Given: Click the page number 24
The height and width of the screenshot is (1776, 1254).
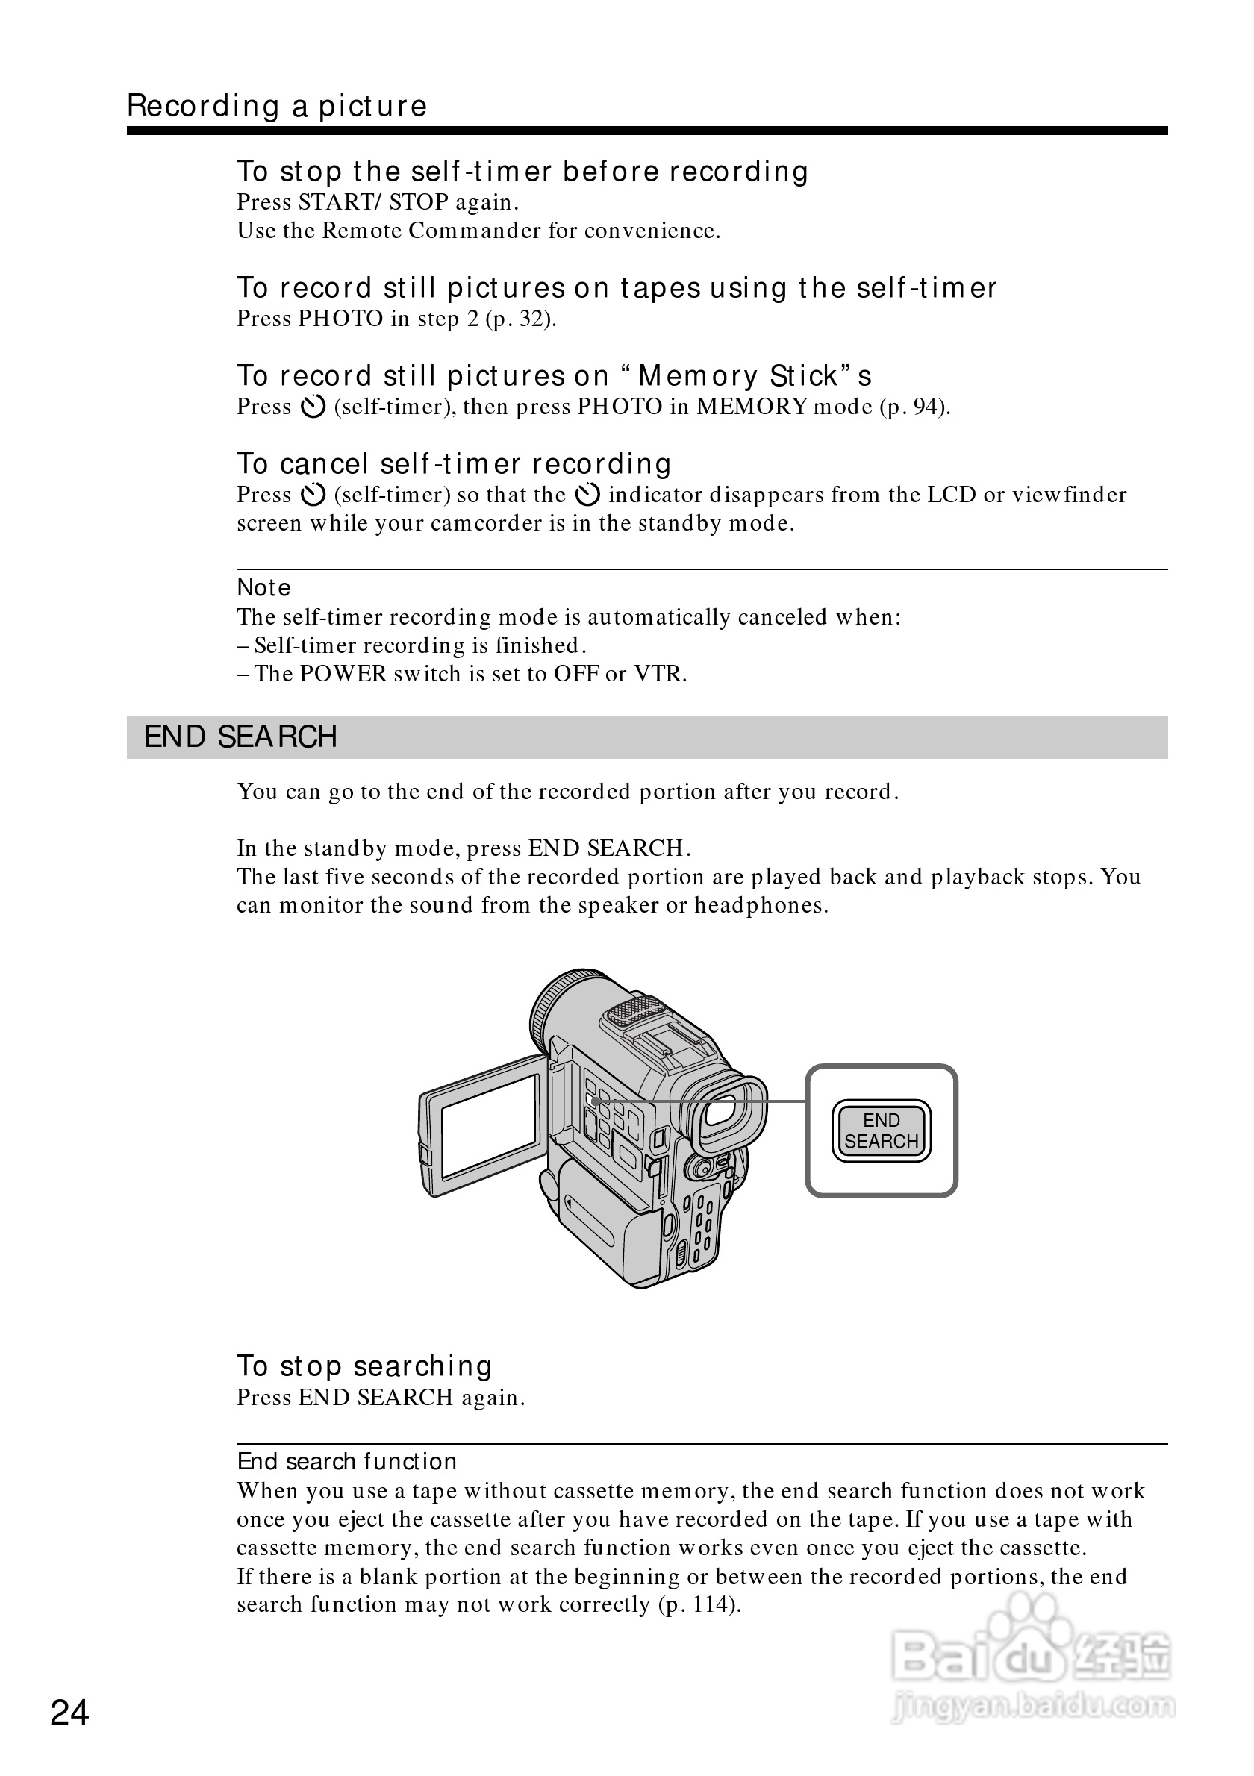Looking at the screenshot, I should pyautogui.click(x=69, y=1713).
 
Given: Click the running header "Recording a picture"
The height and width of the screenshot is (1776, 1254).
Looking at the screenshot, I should pyautogui.click(x=277, y=106).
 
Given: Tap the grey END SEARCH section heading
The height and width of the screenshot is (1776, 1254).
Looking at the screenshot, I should pyautogui.click(x=240, y=737).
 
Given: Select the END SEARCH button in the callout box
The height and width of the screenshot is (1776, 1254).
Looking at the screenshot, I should pyautogui.click(x=881, y=1131).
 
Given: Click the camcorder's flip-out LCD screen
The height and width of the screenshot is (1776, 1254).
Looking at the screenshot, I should pyautogui.click(x=490, y=1125).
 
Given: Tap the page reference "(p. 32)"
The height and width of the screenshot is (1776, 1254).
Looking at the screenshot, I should pyautogui.click(x=520, y=319).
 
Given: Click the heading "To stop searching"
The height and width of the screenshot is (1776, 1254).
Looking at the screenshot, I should pyautogui.click(x=364, y=1366).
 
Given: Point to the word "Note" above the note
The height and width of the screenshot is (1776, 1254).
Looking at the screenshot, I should pyautogui.click(x=263, y=588).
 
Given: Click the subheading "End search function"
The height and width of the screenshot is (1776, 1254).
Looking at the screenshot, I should pyautogui.click(x=346, y=1461).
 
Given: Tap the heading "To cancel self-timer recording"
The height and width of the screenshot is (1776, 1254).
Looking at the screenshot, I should pyautogui.click(x=454, y=464).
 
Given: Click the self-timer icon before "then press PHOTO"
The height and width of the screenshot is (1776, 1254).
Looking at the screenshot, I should pyautogui.click(x=313, y=407).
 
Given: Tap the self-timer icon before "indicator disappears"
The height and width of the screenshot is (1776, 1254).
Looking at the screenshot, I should pyautogui.click(x=588, y=494).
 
